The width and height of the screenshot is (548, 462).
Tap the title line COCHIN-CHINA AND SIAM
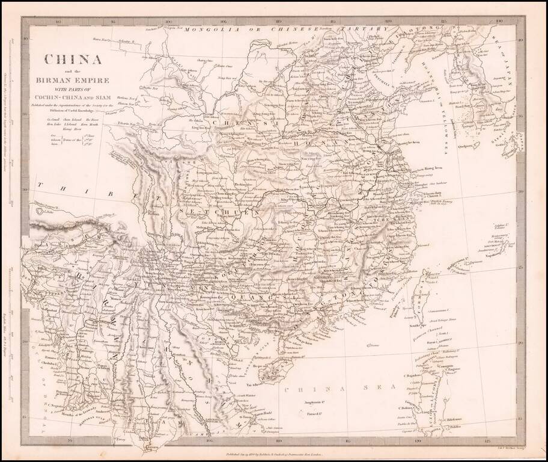(x=72, y=98)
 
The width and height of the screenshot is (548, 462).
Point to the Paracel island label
(x=311, y=413)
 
